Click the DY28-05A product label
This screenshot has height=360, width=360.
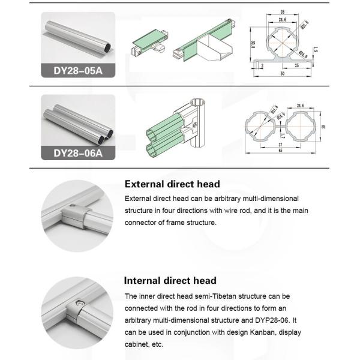(x=78, y=71)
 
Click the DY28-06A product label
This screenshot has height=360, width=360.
(x=78, y=152)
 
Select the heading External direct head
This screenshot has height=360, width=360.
(x=172, y=184)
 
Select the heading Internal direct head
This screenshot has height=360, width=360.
(x=170, y=280)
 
